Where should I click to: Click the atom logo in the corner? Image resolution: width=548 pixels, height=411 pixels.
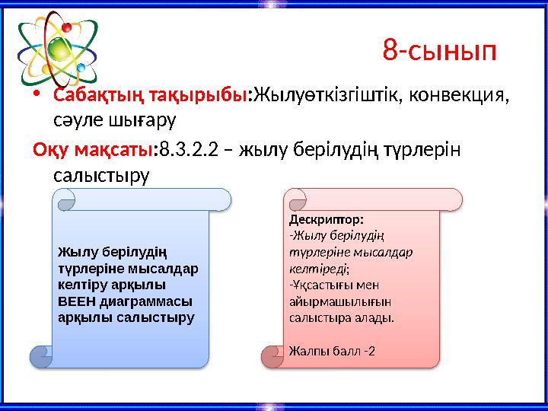click(x=58, y=49)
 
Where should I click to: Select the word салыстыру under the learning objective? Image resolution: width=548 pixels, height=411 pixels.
click(x=102, y=174)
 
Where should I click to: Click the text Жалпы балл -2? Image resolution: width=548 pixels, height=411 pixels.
click(x=332, y=351)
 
